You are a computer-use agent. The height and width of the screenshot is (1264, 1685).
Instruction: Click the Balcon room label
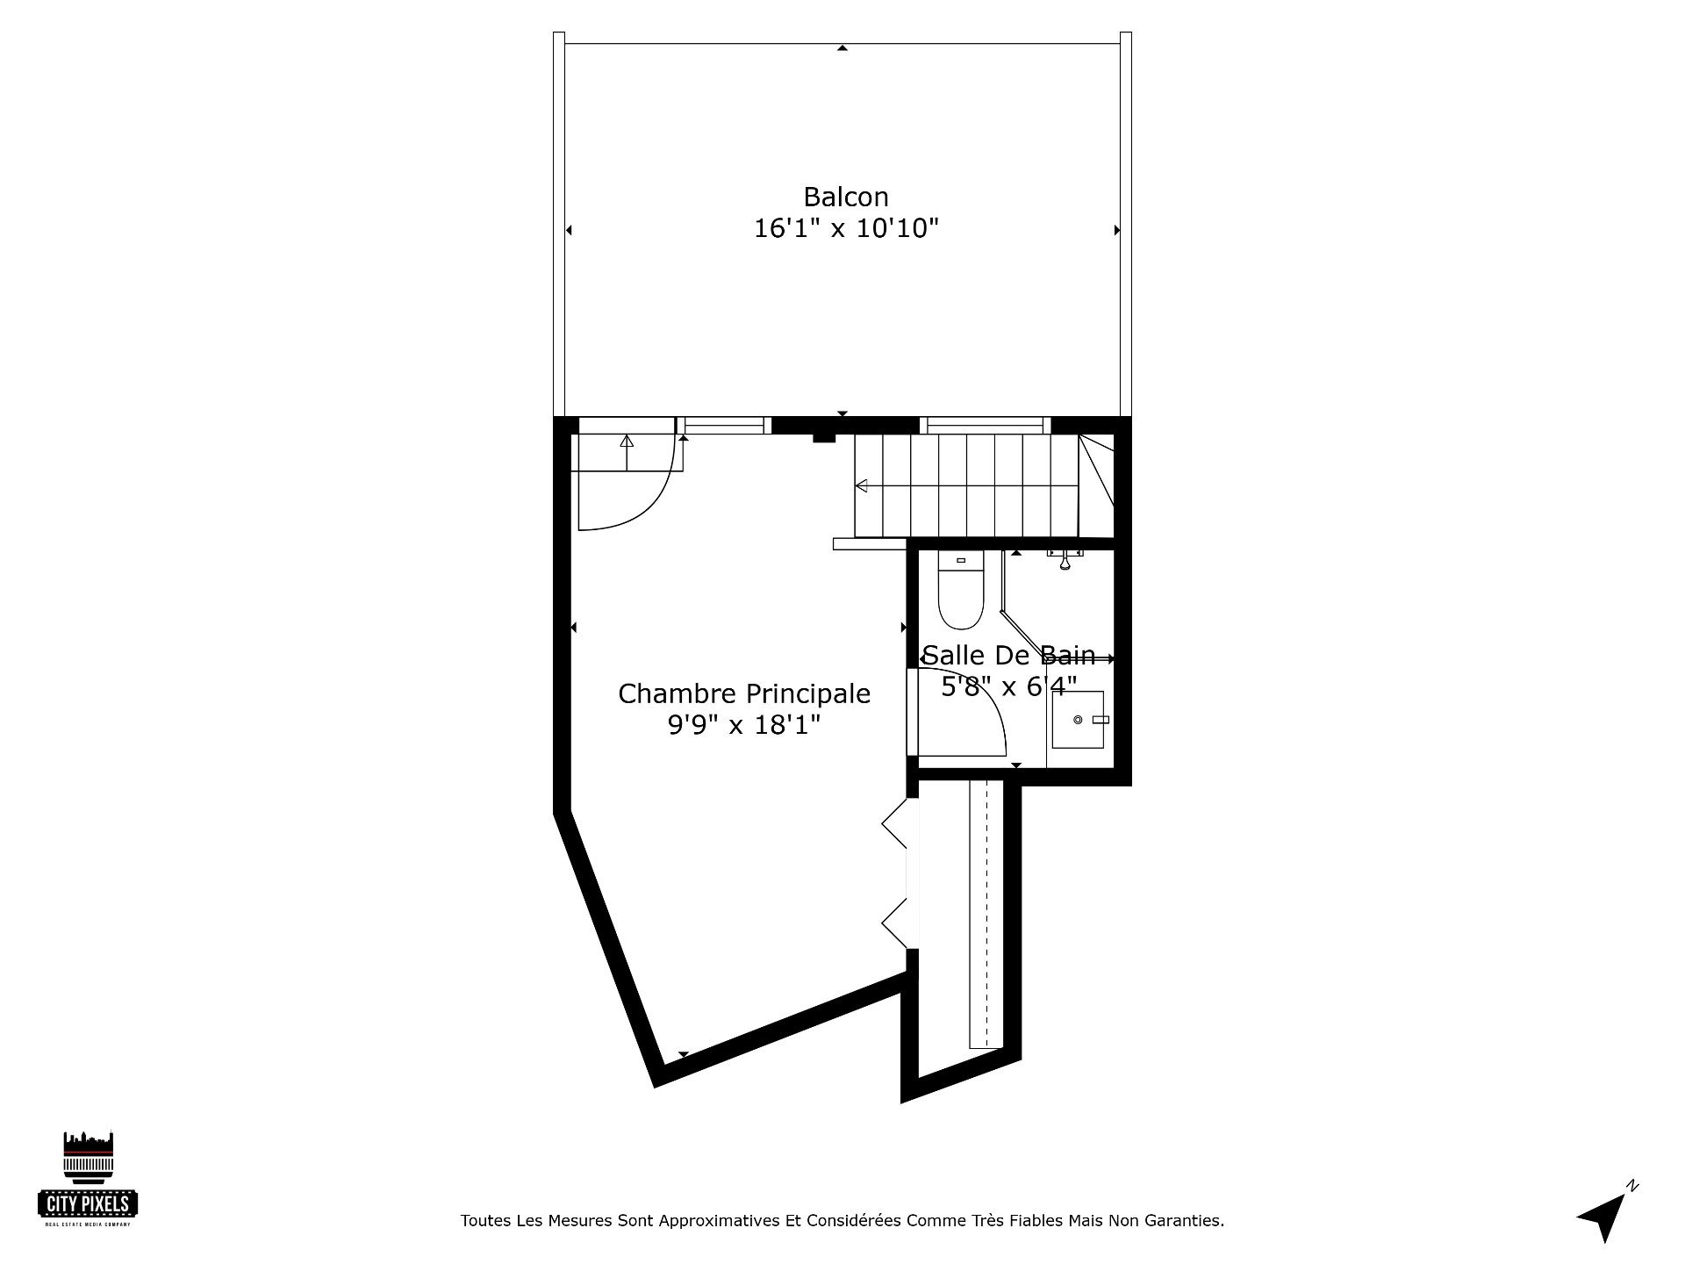846,197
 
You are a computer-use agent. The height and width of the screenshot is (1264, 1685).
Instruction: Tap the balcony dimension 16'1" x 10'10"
846,229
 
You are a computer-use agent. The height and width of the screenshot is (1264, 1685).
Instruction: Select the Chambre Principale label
744,694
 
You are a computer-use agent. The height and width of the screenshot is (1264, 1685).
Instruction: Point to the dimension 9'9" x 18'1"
744,725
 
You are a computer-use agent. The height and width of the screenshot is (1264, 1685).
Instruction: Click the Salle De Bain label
1009,656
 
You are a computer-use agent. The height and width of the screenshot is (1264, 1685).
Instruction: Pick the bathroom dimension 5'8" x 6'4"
1009,686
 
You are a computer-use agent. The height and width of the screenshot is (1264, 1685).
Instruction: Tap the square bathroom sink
1079,719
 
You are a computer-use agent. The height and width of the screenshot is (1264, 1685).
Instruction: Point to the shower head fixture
1065,558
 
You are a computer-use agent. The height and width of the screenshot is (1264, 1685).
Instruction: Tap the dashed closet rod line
986,913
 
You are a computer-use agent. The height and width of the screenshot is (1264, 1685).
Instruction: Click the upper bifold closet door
895,823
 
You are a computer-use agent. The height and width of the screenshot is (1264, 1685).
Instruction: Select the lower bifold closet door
895,923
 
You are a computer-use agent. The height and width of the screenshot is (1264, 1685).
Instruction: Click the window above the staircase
986,426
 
